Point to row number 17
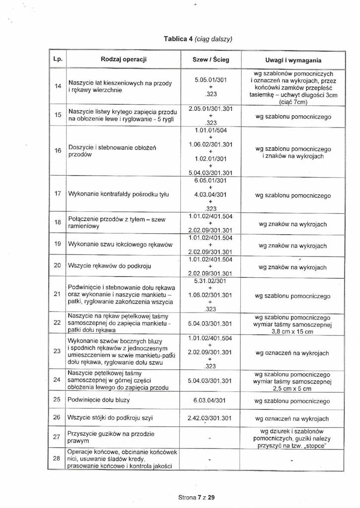point(57,194)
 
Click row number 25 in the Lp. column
point(57,399)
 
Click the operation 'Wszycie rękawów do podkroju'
point(106,266)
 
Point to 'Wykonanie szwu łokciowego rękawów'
point(116,245)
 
